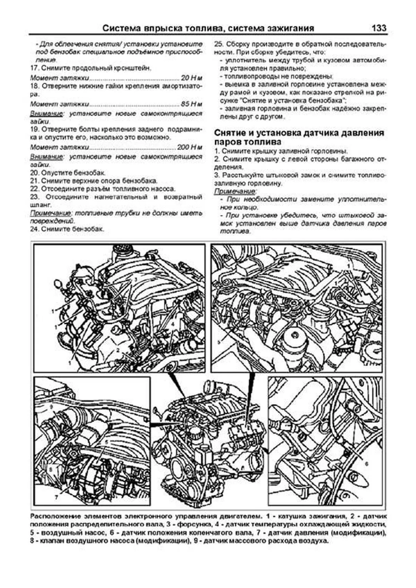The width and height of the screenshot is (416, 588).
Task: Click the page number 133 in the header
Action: (x=379, y=28)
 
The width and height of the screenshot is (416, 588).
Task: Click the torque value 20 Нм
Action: (x=191, y=78)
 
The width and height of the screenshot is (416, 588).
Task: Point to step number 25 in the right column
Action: (x=218, y=44)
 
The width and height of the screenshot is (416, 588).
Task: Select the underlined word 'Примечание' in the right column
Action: (x=235, y=192)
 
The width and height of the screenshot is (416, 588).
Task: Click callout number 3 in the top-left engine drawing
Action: (x=136, y=279)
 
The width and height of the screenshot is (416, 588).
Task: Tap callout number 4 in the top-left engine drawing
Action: (x=172, y=325)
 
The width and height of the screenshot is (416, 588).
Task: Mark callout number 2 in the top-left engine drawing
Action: (x=118, y=350)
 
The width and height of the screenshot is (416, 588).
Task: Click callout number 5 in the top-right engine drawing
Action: (x=219, y=342)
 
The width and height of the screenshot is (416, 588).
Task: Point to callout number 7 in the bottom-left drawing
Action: (x=56, y=497)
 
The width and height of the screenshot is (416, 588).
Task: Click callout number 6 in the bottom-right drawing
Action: (x=367, y=463)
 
